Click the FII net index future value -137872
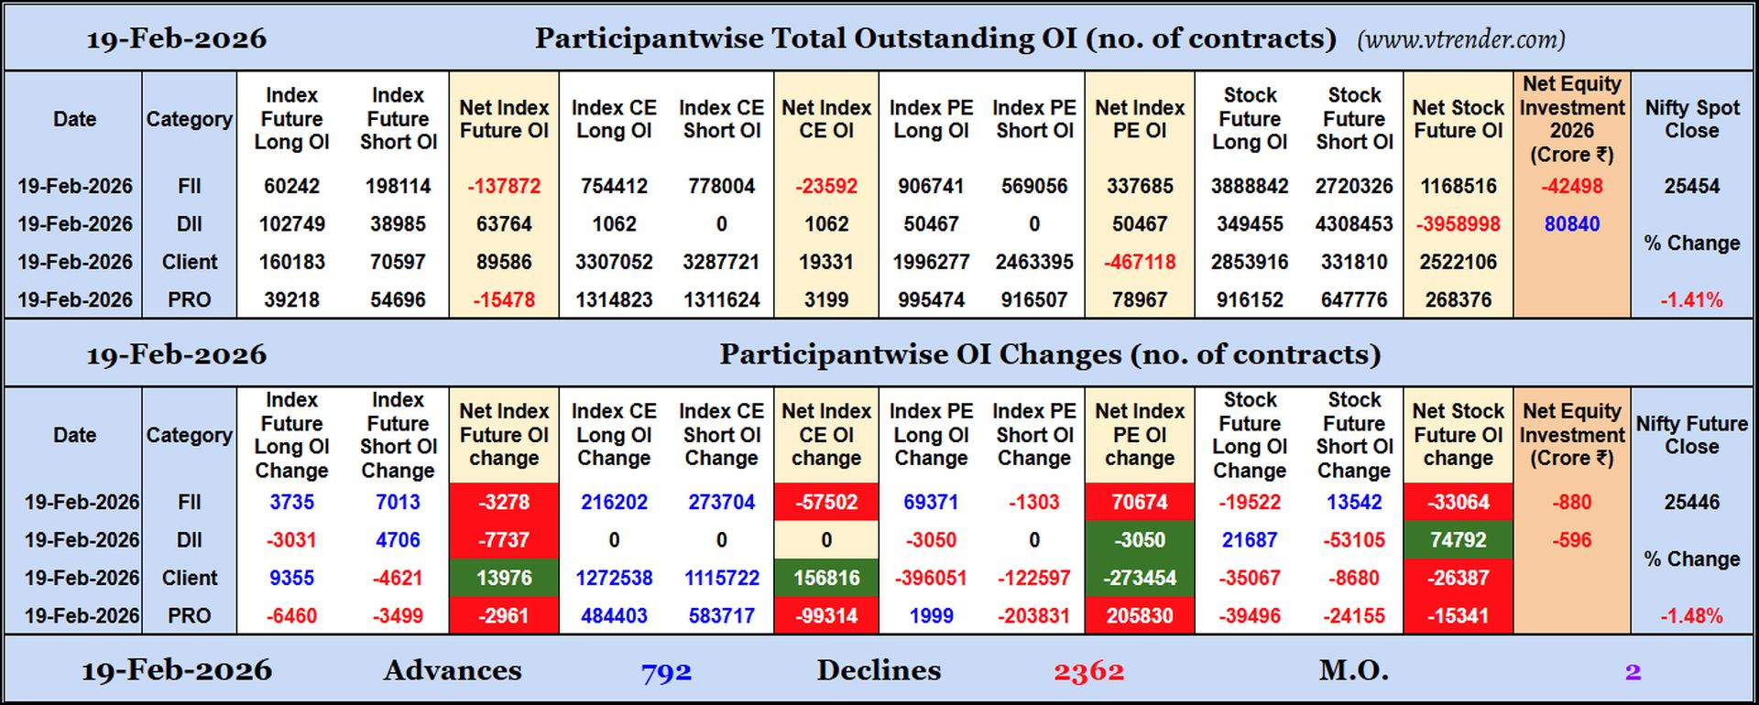(x=504, y=186)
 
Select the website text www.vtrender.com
(x=1460, y=39)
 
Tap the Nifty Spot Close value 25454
(x=1691, y=186)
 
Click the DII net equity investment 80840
(x=1571, y=224)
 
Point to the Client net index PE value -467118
(x=1139, y=262)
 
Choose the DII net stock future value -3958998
(x=1458, y=224)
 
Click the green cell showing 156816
(x=825, y=578)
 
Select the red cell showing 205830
(x=1139, y=616)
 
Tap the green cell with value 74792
(x=1458, y=540)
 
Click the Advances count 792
(x=666, y=672)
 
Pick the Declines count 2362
(x=1088, y=672)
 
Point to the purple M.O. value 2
(x=1633, y=672)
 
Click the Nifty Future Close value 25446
(x=1691, y=502)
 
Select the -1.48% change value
(x=1691, y=616)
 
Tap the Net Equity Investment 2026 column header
(x=1571, y=119)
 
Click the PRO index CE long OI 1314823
(x=614, y=300)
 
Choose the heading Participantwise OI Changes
(x=1049, y=354)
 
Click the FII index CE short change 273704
(x=721, y=502)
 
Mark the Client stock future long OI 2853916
(x=1250, y=262)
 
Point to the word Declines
(x=879, y=670)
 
